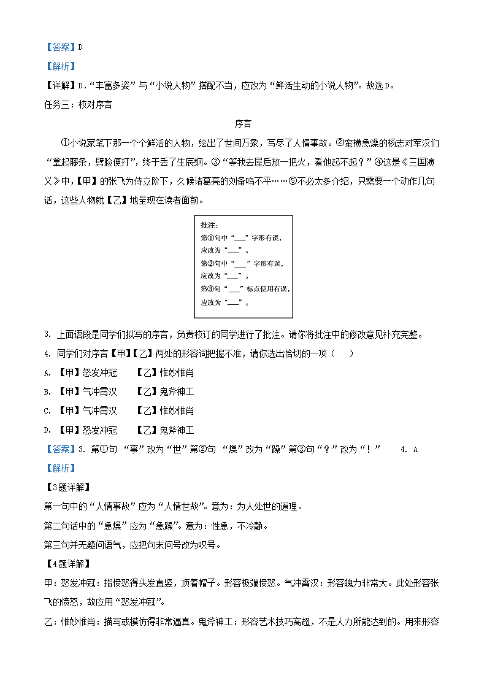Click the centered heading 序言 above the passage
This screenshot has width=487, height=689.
coord(243,124)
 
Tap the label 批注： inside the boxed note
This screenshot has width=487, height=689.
coord(210,226)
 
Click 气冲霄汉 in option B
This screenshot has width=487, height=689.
coord(99,391)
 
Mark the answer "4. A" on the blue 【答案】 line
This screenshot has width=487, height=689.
coord(408,449)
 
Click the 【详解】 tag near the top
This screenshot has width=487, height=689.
coord(59,85)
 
